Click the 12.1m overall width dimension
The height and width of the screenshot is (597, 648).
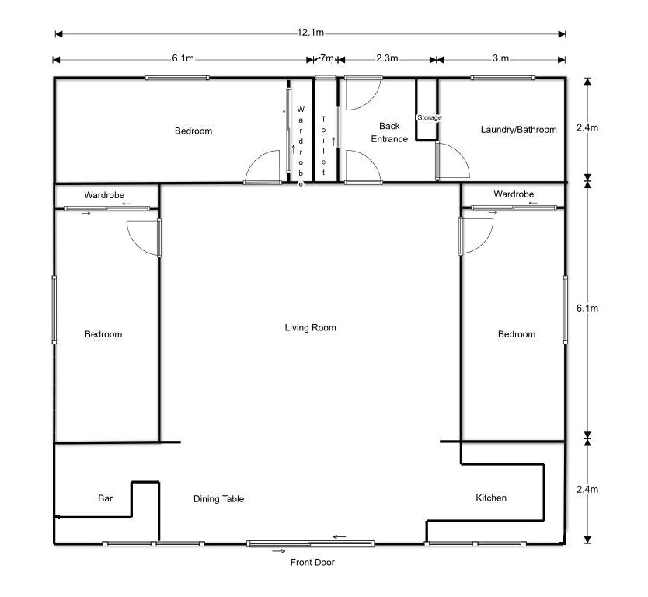point(310,33)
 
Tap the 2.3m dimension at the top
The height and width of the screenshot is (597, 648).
point(387,58)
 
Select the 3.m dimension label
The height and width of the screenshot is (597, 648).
point(500,58)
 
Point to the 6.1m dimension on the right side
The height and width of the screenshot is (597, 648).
point(587,308)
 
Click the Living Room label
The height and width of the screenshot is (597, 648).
point(310,328)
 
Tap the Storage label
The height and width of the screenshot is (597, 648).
point(429,117)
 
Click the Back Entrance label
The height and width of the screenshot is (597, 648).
point(389,132)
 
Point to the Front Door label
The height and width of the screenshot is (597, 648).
point(312,562)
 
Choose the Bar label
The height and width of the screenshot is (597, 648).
point(106,498)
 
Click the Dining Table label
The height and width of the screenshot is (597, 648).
point(218,499)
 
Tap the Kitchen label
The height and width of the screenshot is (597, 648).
point(490,497)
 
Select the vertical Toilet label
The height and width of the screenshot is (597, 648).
point(323,145)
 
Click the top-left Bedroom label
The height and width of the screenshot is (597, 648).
point(193,131)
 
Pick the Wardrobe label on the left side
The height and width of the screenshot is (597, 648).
point(104,194)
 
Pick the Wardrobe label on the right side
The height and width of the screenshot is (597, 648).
point(514,194)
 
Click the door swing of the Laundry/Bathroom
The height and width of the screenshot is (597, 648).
point(452,162)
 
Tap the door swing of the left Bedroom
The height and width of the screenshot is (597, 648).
point(143,236)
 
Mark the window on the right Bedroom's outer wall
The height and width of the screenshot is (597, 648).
point(565,308)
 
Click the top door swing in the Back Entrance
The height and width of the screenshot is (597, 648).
point(361,93)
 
